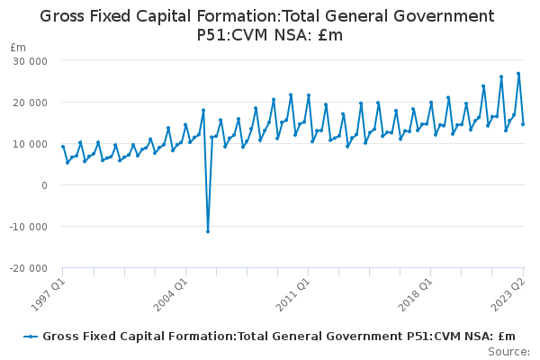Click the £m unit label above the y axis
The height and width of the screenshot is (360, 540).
18,47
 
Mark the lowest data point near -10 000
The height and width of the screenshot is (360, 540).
208,231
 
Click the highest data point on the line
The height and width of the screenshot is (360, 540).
518,74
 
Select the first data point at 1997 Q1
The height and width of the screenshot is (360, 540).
63,147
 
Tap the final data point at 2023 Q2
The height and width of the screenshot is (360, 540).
523,124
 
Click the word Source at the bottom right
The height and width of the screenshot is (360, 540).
508,351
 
